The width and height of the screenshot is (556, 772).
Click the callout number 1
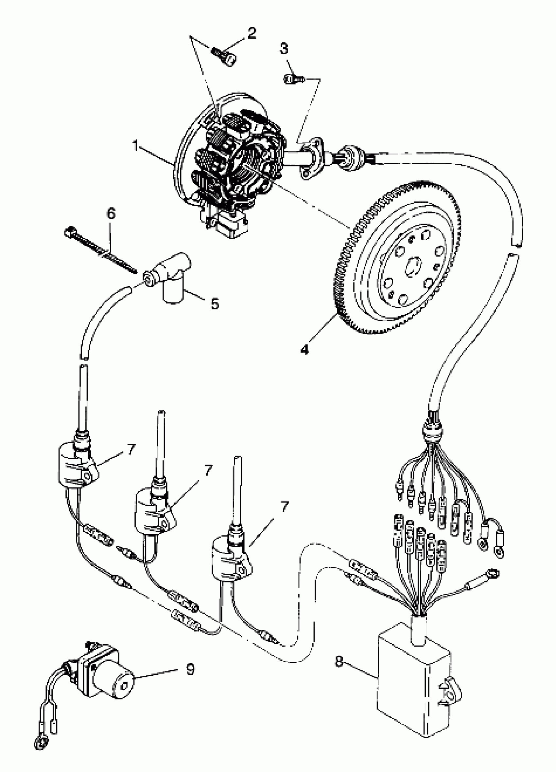pos(136,147)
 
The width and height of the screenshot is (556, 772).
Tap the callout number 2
pos(252,33)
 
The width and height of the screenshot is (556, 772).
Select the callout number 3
pos(284,49)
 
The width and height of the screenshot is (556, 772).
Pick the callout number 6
pos(111,213)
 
